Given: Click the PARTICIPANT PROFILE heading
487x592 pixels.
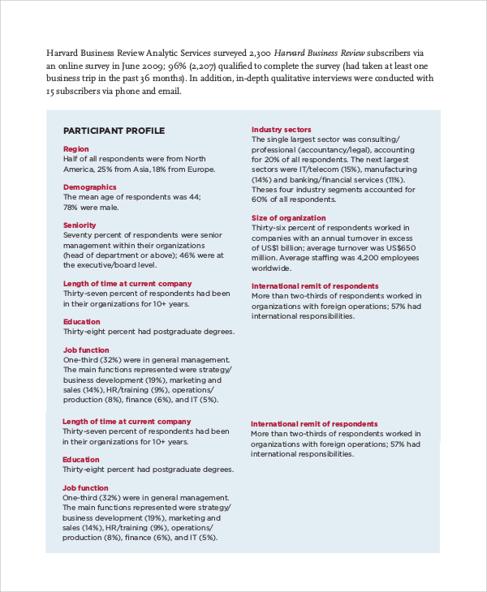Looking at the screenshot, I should pos(114,131).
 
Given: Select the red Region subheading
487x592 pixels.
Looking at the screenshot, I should pos(76,148).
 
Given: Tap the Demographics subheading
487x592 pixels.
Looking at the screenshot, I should pos(89,187).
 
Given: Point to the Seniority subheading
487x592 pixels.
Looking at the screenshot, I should pos(80,225).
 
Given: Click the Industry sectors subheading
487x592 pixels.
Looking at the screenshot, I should pos(281,130).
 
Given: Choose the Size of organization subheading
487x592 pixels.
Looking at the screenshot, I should pos(288,218).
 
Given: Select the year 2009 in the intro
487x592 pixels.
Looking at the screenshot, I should pos(173,66).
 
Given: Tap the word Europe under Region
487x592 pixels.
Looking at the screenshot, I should pos(200,169).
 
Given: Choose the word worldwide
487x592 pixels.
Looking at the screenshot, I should pos(271,268).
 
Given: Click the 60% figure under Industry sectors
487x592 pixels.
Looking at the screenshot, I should pos(260,199).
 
